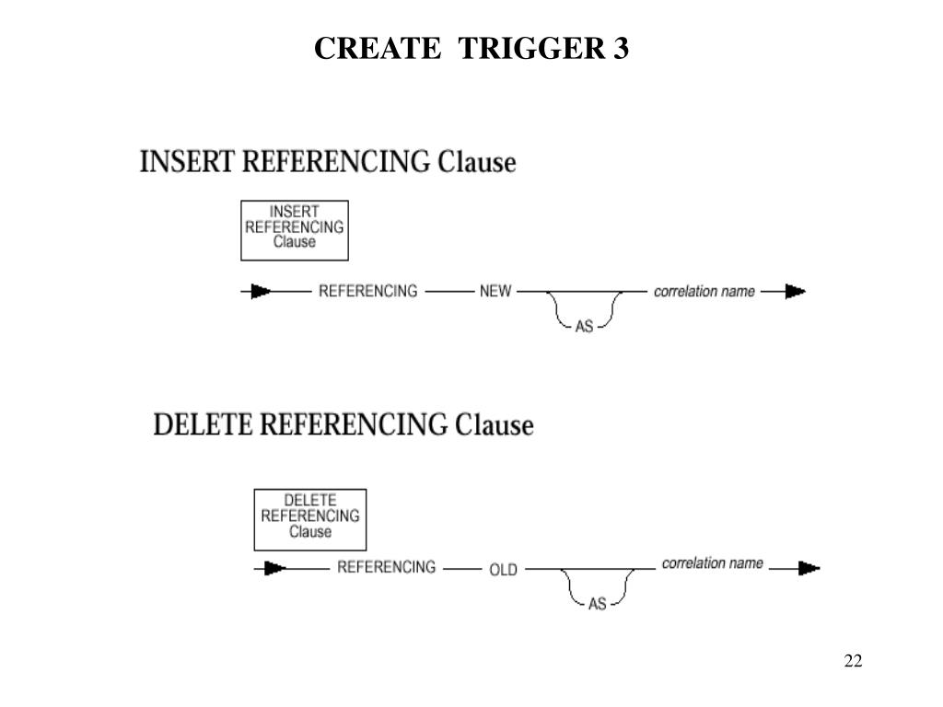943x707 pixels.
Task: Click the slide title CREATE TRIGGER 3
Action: click(x=471, y=48)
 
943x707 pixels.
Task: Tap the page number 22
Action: click(x=852, y=661)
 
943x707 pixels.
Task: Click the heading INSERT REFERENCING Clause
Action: click(x=327, y=162)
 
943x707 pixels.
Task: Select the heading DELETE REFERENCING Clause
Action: click(x=343, y=425)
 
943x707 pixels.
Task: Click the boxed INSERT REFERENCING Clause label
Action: click(x=294, y=227)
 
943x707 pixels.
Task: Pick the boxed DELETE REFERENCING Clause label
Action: click(x=309, y=516)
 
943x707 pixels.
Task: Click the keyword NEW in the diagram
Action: click(x=495, y=292)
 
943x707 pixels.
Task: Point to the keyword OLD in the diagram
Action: click(x=503, y=570)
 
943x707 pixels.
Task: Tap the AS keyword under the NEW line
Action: click(x=584, y=326)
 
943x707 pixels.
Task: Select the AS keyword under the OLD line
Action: click(x=597, y=604)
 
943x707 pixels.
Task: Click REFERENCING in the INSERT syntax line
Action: click(x=367, y=292)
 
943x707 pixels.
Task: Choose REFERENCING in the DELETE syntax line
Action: click(x=386, y=568)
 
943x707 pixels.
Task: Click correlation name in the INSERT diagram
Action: click(x=704, y=292)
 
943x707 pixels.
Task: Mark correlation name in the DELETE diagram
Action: click(x=712, y=563)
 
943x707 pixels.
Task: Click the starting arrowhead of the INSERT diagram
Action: click(x=262, y=292)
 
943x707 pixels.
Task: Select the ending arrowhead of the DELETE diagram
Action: click(x=809, y=568)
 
